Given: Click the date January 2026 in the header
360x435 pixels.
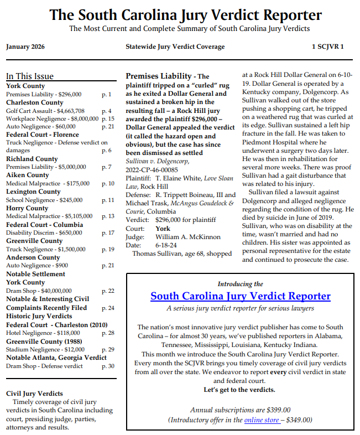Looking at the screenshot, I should click(26, 46).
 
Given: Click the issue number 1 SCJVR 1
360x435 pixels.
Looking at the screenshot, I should click(327, 46).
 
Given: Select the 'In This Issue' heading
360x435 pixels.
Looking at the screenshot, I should click(30, 76).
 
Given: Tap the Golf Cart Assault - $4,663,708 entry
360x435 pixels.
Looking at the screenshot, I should click(45, 111).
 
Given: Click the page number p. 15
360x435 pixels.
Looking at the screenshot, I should click(108, 118).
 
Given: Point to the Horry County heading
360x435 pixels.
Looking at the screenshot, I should click(28, 208).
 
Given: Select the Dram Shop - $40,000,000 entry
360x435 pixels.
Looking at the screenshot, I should click(39, 291).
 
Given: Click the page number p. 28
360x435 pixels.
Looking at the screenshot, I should click(108, 333).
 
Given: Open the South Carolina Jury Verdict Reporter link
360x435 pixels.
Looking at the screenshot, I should click(241, 296).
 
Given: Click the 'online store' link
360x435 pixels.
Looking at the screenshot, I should click(262, 420).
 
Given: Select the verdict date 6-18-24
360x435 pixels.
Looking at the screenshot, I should click(166, 245).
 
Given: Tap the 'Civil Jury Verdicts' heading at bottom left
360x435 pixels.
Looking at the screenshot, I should click(34, 393).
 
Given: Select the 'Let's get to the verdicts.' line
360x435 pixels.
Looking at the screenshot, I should click(239, 390).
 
